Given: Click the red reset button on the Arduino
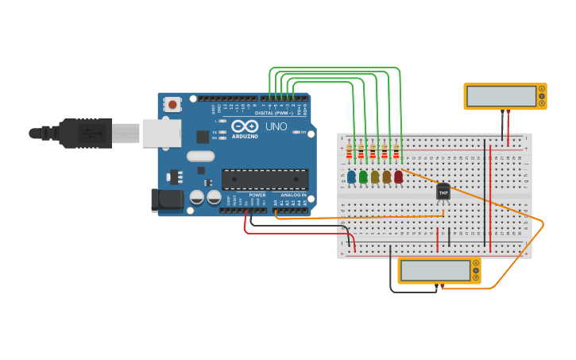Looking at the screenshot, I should pos(172,104).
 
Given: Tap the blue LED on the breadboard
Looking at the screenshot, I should pos(351,176).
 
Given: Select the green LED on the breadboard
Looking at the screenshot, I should pos(363,176).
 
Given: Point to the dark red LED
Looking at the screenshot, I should pos(398,176).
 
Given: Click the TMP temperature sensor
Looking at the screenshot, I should pos(443,192).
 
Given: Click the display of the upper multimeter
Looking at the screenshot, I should pos(501,96).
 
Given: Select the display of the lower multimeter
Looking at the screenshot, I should pos(435,270).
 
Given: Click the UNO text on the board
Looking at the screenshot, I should pos(276,126).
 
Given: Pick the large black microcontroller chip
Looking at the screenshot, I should pos(265,180).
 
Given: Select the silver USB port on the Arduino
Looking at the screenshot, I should pos(162,133).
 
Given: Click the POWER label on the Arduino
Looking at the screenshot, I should pos(257,195).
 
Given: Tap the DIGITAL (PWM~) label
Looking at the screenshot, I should pos(273,113).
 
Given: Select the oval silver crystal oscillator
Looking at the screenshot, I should pos(201,157).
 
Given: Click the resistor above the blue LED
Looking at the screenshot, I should pos(350,151).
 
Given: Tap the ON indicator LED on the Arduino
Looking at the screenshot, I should pos(296,132).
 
